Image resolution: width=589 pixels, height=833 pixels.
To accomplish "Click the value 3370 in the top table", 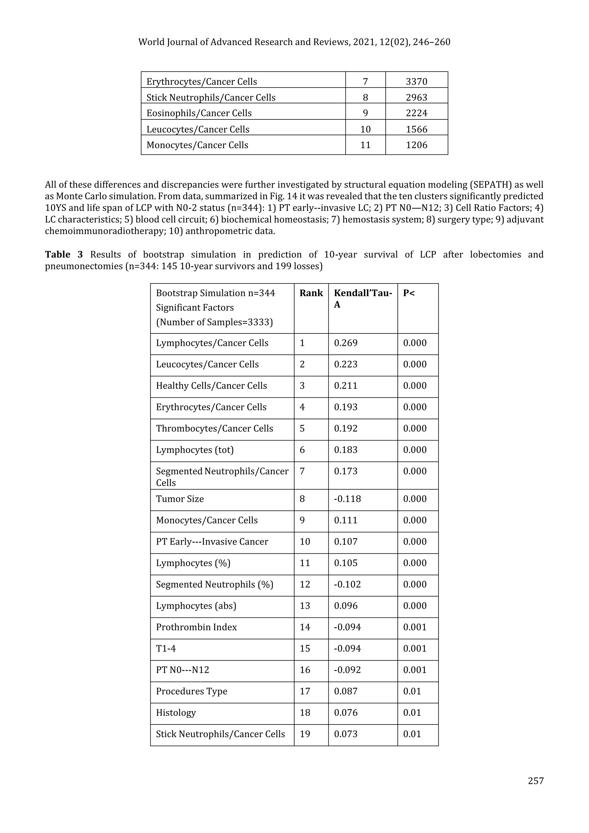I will pyautogui.click(x=416, y=82).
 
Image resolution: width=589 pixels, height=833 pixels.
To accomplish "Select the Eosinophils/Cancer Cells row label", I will pyautogui.click(x=199, y=113).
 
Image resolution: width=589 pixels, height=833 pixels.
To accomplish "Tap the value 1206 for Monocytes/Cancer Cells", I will pyautogui.click(x=416, y=145).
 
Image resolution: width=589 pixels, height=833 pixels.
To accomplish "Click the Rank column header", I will pyautogui.click(x=311, y=293).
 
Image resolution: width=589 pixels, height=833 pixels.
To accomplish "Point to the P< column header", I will pyautogui.click(x=408, y=293).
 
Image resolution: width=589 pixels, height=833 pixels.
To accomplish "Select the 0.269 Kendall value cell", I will pyautogui.click(x=345, y=343).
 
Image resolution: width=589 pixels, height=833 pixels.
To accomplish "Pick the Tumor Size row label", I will pyautogui.click(x=179, y=499).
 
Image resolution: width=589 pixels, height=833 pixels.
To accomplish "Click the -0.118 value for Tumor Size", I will pyautogui.click(x=347, y=499).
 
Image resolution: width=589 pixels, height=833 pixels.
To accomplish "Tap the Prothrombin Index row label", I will pyautogui.click(x=196, y=627).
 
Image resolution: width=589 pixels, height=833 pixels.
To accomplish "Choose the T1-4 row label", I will pyautogui.click(x=166, y=649).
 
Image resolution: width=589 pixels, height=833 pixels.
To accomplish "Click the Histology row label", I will pyautogui.click(x=176, y=713).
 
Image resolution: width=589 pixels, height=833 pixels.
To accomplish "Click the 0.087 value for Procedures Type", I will pyautogui.click(x=345, y=691).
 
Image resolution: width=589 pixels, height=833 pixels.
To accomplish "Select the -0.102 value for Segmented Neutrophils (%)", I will pyautogui.click(x=347, y=584).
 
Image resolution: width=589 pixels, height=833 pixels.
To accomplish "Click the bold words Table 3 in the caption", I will pyautogui.click(x=64, y=254).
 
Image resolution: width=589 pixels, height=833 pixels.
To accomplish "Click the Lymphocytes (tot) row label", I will pyautogui.click(x=195, y=450).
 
